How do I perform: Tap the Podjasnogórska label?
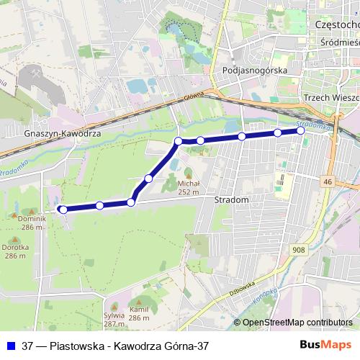(256, 71)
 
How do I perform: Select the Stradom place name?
(232, 199)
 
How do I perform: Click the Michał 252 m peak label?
(188, 187)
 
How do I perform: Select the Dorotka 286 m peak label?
(16, 251)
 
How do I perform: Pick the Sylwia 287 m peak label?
(114, 320)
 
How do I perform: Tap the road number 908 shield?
(299, 249)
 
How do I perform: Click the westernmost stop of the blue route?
(63, 210)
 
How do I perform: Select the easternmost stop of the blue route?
(301, 131)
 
